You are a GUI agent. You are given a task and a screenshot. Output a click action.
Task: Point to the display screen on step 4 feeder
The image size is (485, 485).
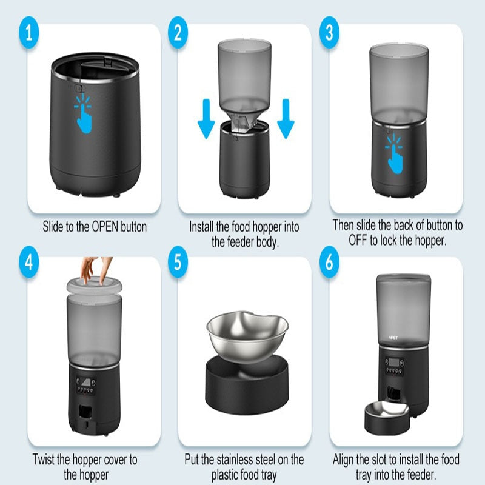click(x=84, y=384)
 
